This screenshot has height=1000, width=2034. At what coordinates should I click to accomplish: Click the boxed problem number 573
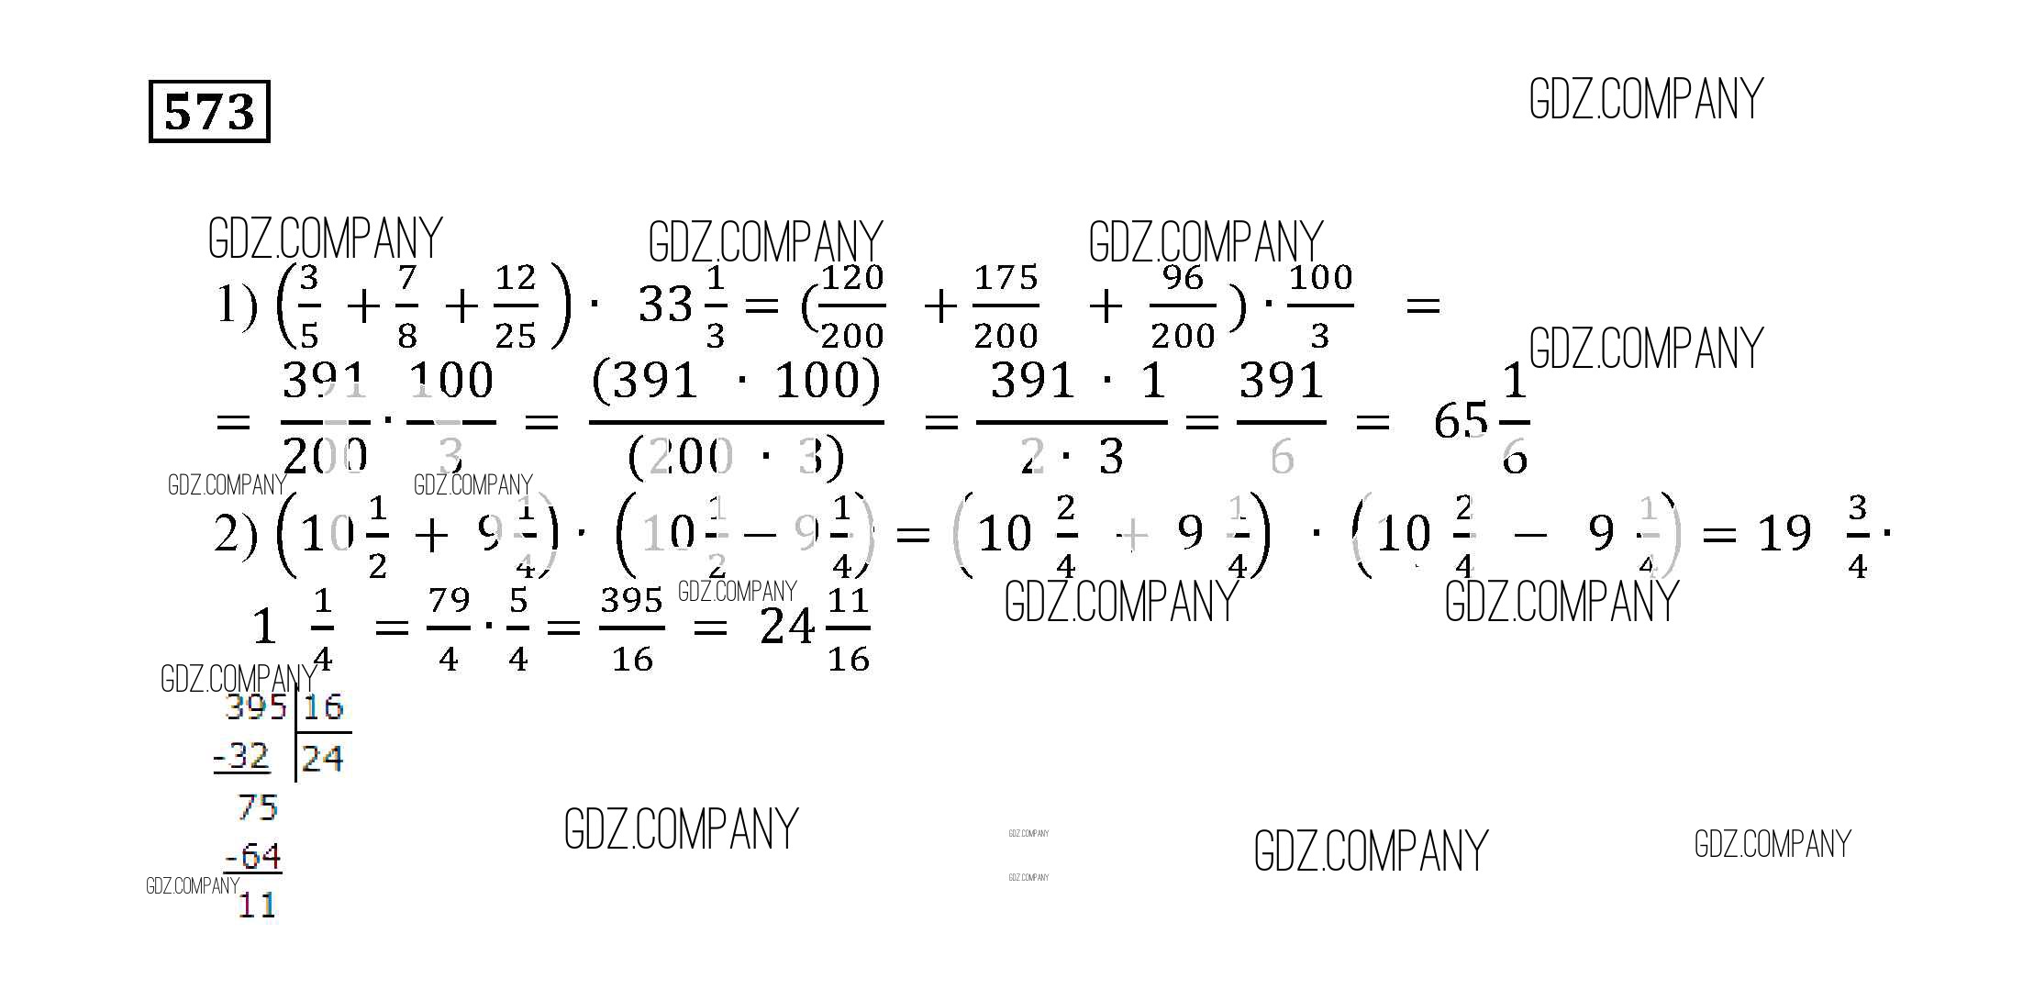coord(209,112)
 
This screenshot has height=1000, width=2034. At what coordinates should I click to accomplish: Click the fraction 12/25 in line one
coord(515,306)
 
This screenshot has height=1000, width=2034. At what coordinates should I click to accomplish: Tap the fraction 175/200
coord(1006,306)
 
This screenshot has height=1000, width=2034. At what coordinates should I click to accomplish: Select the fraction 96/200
coord(1183,306)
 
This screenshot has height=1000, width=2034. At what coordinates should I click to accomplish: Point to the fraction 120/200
coord(852,306)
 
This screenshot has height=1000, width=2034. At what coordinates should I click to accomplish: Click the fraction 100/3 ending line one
coord(1320,306)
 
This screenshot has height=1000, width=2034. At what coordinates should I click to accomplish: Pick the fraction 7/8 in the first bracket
coord(407,306)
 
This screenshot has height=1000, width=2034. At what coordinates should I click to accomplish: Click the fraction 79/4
coord(449,628)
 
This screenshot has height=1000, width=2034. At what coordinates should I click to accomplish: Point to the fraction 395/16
coord(632,628)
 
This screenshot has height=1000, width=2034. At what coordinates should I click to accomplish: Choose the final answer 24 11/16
coord(815,628)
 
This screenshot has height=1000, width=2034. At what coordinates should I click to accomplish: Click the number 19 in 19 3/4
coord(1784,533)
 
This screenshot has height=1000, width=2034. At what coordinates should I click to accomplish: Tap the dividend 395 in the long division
coord(255,707)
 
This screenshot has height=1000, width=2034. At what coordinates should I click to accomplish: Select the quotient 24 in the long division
coord(323,759)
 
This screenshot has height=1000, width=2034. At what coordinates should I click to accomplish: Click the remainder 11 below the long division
coord(256,906)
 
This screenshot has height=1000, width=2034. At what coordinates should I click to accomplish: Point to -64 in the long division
coord(253,856)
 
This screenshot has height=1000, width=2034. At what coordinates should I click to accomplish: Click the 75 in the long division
coord(257,807)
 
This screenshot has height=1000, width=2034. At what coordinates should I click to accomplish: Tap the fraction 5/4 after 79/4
coord(518,628)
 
